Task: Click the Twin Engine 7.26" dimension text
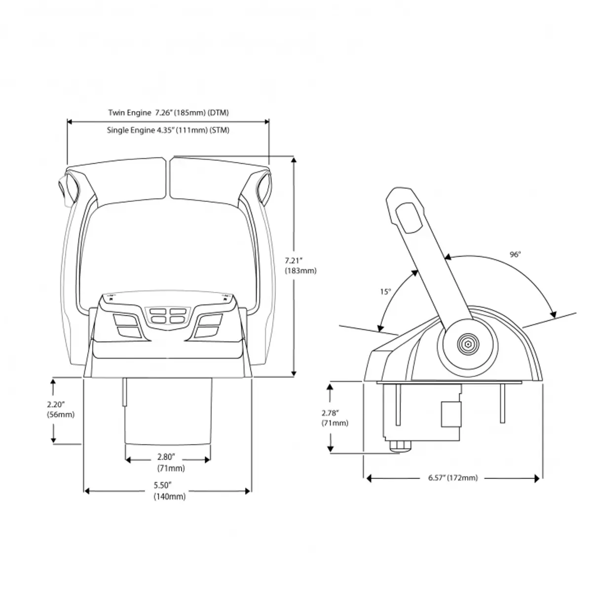click(168, 113)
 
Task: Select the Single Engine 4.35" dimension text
click(168, 130)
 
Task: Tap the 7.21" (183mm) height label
click(300, 265)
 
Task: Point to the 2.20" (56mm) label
click(61, 409)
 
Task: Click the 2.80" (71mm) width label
click(171, 463)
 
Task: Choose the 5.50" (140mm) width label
click(170, 491)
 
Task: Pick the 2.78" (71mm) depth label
click(335, 418)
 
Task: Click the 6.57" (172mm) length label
click(453, 478)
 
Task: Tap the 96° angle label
click(516, 255)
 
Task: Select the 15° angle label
click(386, 292)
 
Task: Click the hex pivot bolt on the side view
click(468, 344)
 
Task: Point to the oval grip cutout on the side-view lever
click(408, 218)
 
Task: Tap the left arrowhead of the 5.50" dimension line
click(87, 491)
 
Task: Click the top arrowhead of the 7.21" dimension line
click(294, 160)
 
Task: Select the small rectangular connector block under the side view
click(451, 414)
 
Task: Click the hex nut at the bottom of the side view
click(400, 446)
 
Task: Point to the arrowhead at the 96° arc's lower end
click(553, 315)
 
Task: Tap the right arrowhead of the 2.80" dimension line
click(207, 460)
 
